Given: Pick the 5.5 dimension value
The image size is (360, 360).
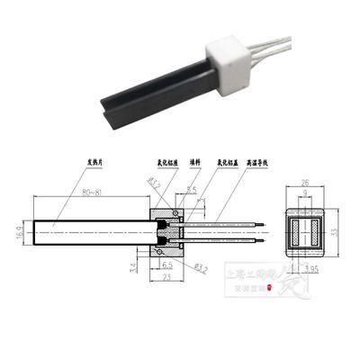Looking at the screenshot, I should pyautogui.click(x=192, y=190).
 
